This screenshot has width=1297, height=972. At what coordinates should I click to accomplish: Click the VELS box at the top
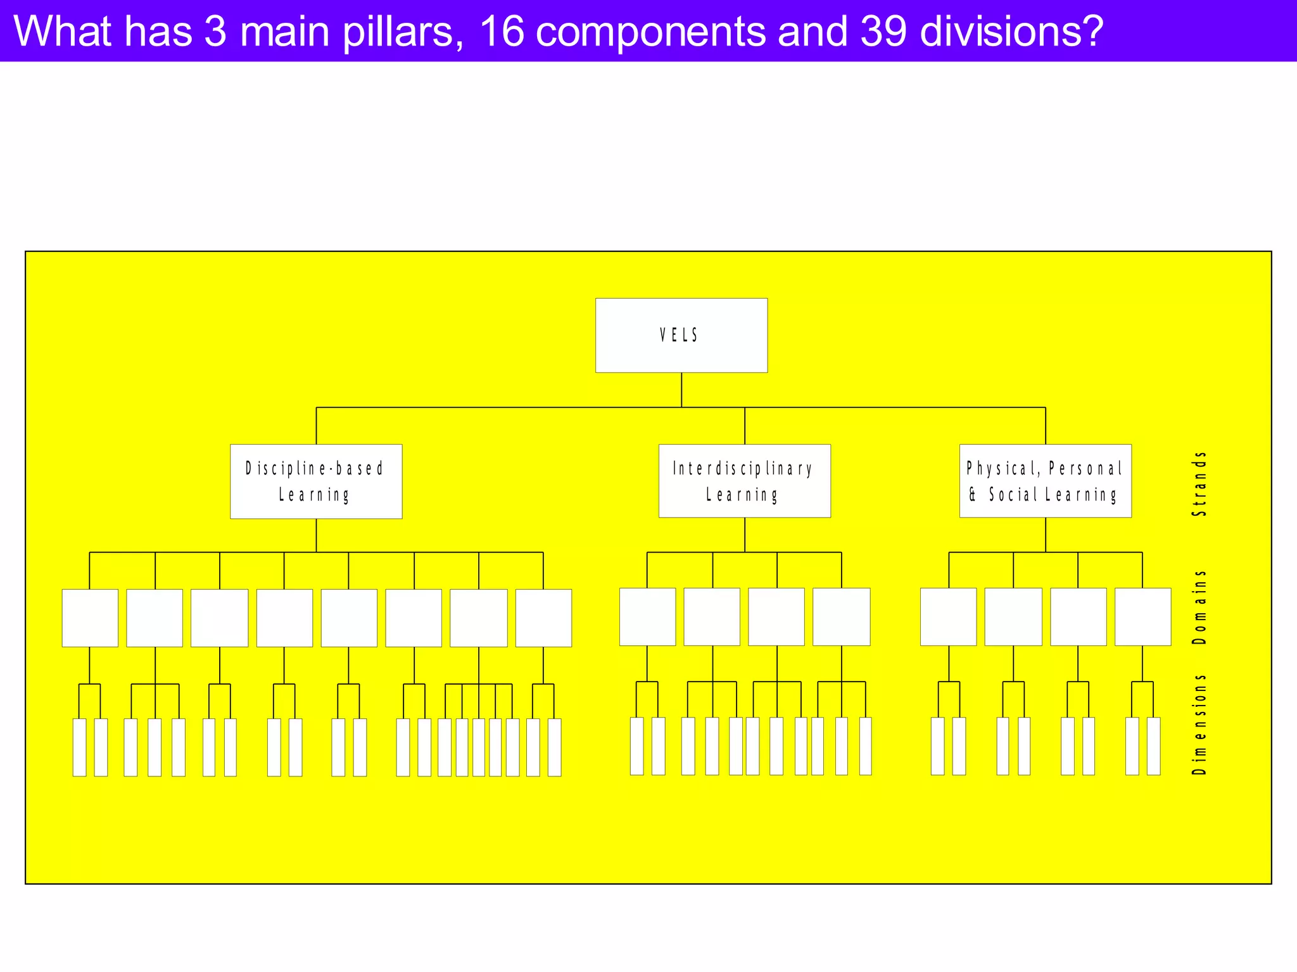681,335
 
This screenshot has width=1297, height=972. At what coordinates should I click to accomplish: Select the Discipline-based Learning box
315,481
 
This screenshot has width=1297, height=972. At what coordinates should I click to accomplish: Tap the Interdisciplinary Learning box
744,481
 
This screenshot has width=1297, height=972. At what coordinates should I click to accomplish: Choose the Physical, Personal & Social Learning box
1045,481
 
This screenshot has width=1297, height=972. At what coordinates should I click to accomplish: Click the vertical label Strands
1199,483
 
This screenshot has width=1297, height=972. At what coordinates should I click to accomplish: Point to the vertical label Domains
1199,607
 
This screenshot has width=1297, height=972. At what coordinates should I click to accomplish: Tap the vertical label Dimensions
1199,724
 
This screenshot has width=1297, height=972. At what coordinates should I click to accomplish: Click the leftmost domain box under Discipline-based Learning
90,618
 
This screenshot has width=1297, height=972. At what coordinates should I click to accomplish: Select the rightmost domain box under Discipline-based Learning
543,618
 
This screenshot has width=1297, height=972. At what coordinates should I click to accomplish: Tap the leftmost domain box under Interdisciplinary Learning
647,616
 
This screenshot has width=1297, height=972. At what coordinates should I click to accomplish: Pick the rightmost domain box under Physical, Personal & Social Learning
1142,616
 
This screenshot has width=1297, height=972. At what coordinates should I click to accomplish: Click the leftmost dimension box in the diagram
79,747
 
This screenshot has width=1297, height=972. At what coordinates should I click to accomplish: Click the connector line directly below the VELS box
681,389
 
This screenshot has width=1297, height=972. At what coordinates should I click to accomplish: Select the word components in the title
650,32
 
